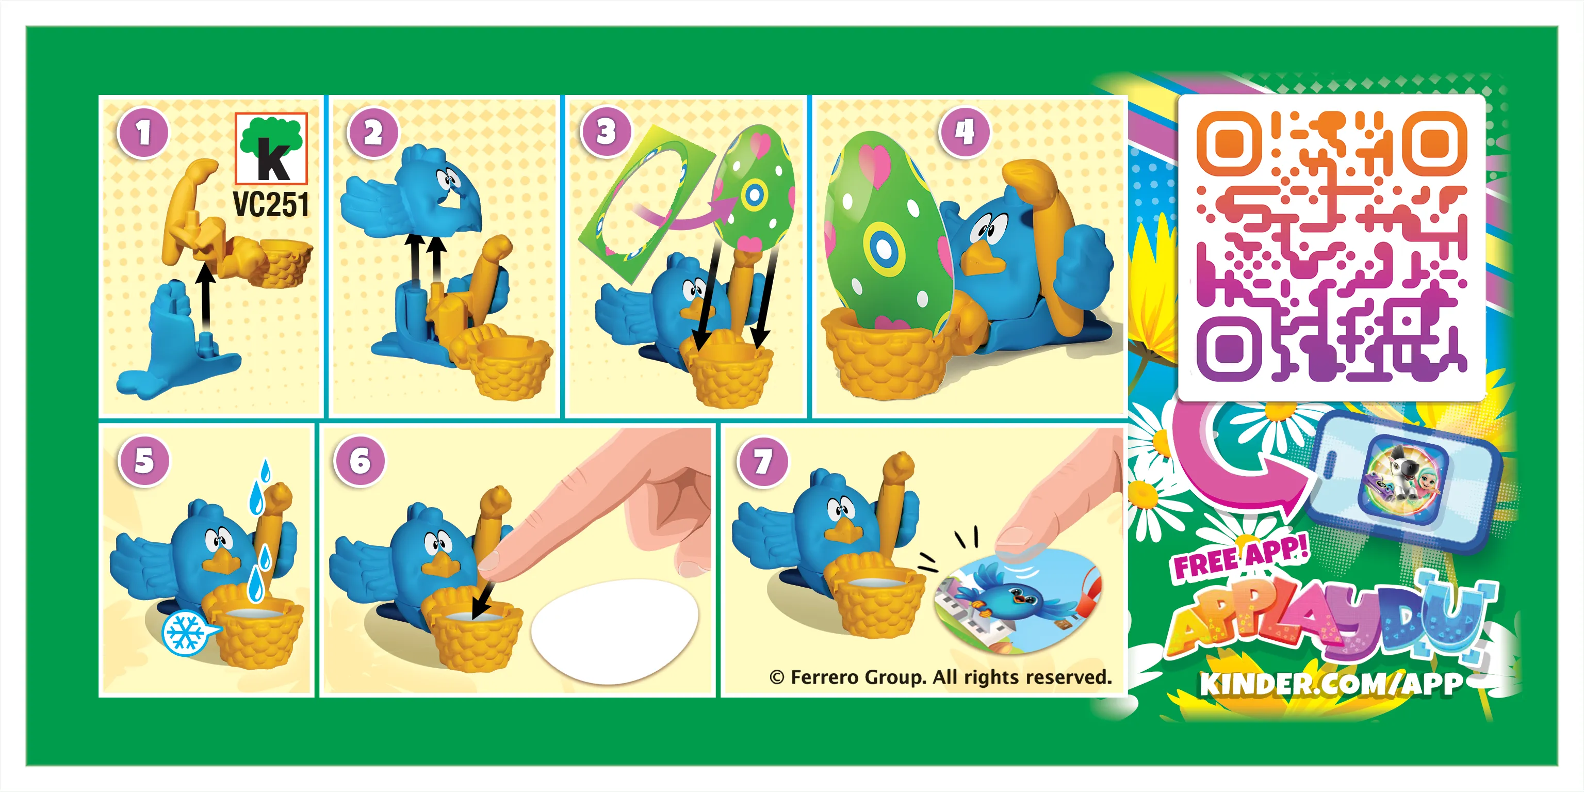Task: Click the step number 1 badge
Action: [x=143, y=132]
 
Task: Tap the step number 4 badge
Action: [x=964, y=132]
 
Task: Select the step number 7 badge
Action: [x=762, y=462]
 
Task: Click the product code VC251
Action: [x=271, y=204]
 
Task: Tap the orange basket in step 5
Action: [x=253, y=634]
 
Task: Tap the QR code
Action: [x=1331, y=246]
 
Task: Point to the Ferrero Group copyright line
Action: [x=941, y=677]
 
